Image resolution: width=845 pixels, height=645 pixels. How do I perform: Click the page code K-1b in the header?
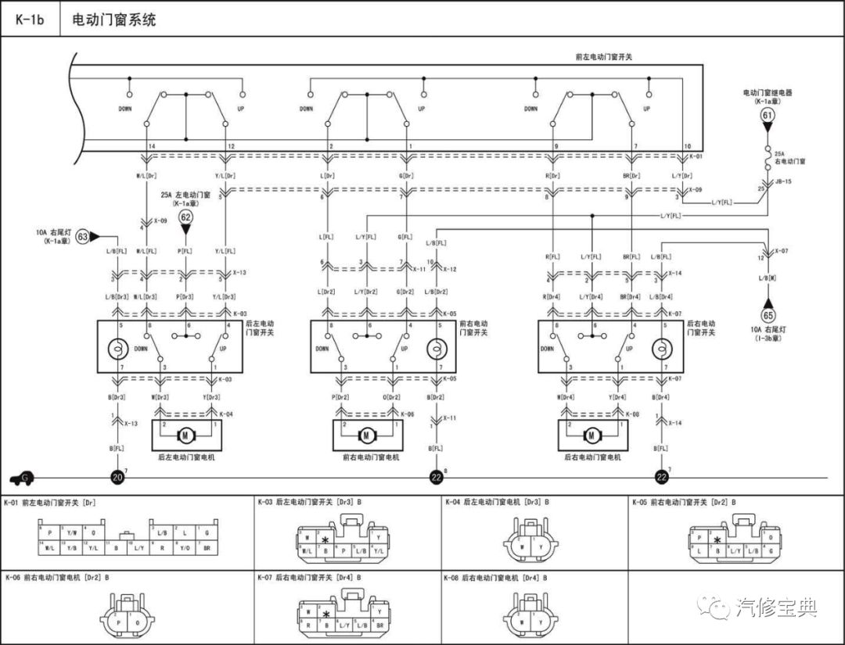point(30,20)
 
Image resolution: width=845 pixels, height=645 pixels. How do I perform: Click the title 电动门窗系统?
point(113,20)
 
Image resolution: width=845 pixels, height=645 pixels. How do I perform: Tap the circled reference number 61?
point(768,116)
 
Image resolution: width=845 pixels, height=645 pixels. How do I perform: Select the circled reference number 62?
point(186,217)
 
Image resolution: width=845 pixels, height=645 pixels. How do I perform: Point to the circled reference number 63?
point(83,235)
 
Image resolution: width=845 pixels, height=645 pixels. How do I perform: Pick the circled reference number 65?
point(768,316)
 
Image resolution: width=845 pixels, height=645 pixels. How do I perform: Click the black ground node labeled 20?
point(117,477)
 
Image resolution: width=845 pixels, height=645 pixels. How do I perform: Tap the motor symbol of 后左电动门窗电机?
point(186,434)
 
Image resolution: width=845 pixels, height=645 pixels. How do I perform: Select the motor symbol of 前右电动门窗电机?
point(365,435)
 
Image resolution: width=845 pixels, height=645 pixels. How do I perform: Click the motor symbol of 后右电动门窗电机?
point(591,435)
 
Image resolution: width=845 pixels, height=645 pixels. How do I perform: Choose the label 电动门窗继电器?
point(768,92)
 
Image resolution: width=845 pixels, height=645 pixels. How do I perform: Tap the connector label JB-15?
point(783,181)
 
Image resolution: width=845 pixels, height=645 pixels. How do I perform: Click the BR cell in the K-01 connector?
point(206,548)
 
